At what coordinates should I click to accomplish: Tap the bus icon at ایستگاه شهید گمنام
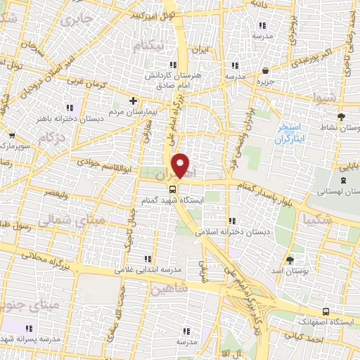pyautogui.click(x=172, y=189)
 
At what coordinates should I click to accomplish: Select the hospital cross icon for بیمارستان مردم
pyautogui.click(x=133, y=101)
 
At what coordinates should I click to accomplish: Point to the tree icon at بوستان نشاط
pyautogui.click(x=342, y=117)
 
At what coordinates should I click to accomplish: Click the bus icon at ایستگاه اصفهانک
pyautogui.click(x=325, y=311)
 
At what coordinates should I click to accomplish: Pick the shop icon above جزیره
pyautogui.click(x=265, y=70)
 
